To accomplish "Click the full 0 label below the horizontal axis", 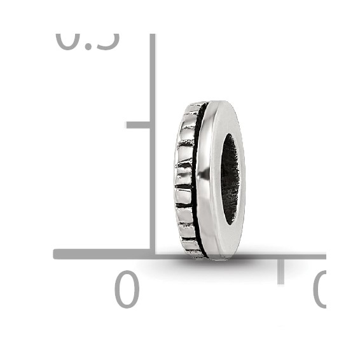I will click(x=127, y=289).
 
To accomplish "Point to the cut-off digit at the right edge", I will click(x=320, y=289).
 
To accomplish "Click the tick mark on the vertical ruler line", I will click(x=138, y=125).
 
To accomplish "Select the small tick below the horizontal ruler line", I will click(x=280, y=271).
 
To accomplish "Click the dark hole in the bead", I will click(x=230, y=179).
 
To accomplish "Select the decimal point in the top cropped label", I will click(x=85, y=46).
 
